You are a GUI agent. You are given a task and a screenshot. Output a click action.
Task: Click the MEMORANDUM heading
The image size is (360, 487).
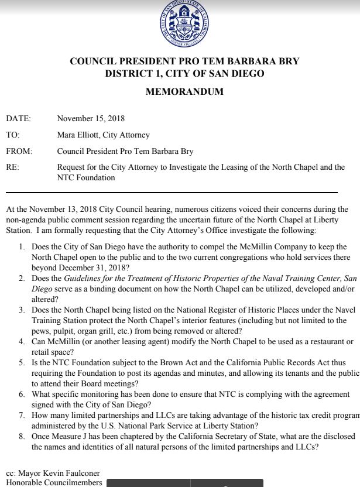click(184, 91)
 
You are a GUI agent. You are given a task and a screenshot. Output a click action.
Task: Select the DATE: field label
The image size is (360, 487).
click(18, 119)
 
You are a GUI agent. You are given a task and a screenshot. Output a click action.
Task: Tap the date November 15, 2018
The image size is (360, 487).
click(91, 119)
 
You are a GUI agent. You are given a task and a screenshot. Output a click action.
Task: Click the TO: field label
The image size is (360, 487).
click(12, 135)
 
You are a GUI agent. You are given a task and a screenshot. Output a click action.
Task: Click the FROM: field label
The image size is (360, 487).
click(19, 151)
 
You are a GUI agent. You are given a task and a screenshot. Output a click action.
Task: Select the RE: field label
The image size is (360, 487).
click(12, 167)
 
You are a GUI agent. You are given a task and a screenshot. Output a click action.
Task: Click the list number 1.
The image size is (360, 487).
click(21, 247)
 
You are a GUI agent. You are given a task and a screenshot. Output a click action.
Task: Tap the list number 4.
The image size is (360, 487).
click(21, 342)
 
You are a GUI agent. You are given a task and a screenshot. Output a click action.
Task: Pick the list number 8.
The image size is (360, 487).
click(21, 437)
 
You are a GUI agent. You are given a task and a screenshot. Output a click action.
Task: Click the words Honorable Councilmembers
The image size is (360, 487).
click(54, 483)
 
